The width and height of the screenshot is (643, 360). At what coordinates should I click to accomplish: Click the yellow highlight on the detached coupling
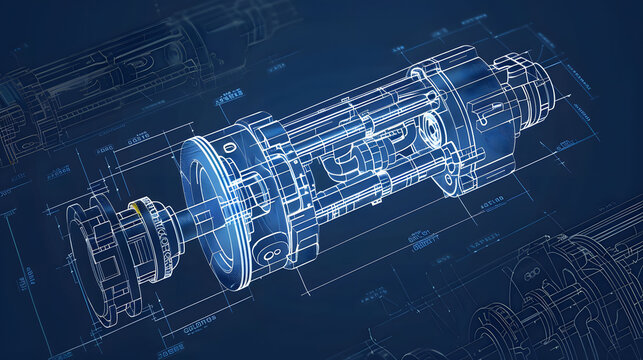(134, 208)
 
